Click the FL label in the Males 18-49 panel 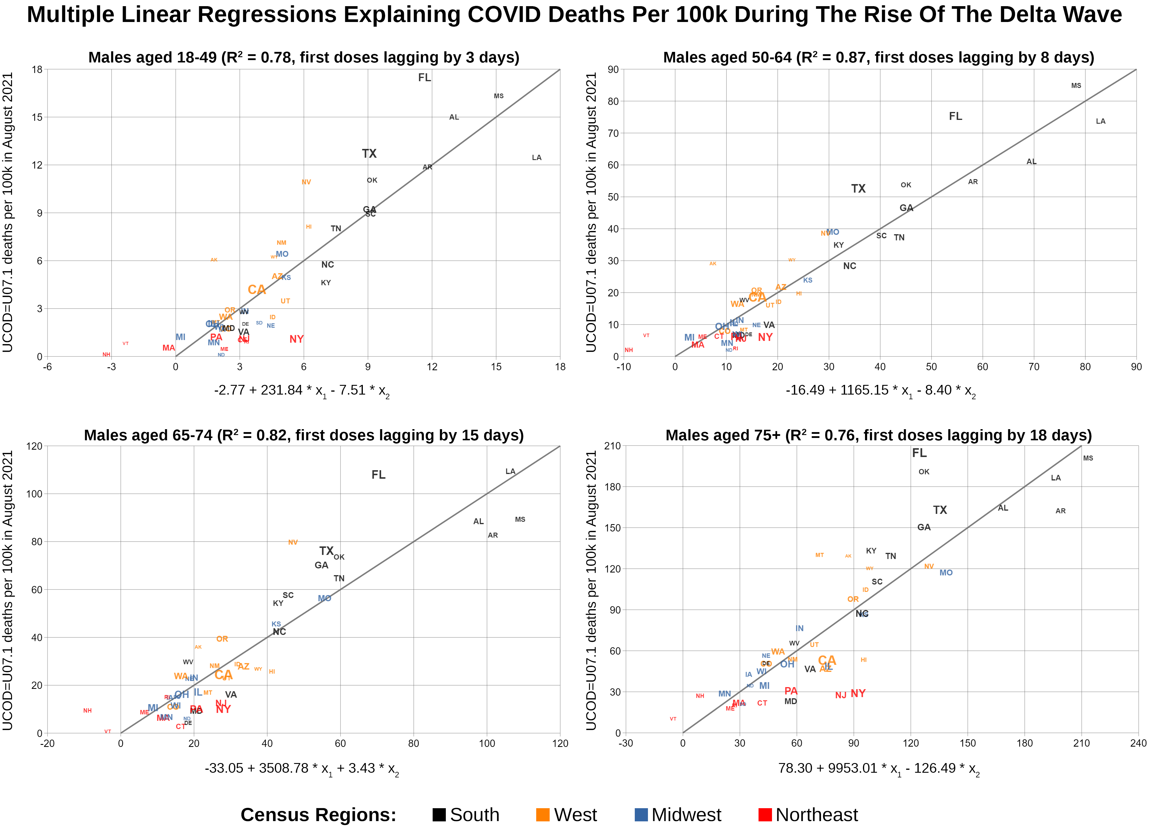pyautogui.click(x=424, y=78)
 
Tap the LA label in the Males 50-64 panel pyautogui.click(x=1100, y=121)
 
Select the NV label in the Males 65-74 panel pyautogui.click(x=293, y=543)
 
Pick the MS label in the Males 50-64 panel pyautogui.click(x=1076, y=86)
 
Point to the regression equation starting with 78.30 pyautogui.click(x=879, y=769)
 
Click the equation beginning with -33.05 pyautogui.click(x=302, y=769)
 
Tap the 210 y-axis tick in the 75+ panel pyautogui.click(x=612, y=446)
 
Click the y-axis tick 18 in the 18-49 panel pyautogui.click(x=37, y=69)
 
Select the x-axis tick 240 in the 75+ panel pyautogui.click(x=1138, y=743)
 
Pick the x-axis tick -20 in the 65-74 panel pyautogui.click(x=47, y=743)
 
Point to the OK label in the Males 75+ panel pyautogui.click(x=924, y=472)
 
